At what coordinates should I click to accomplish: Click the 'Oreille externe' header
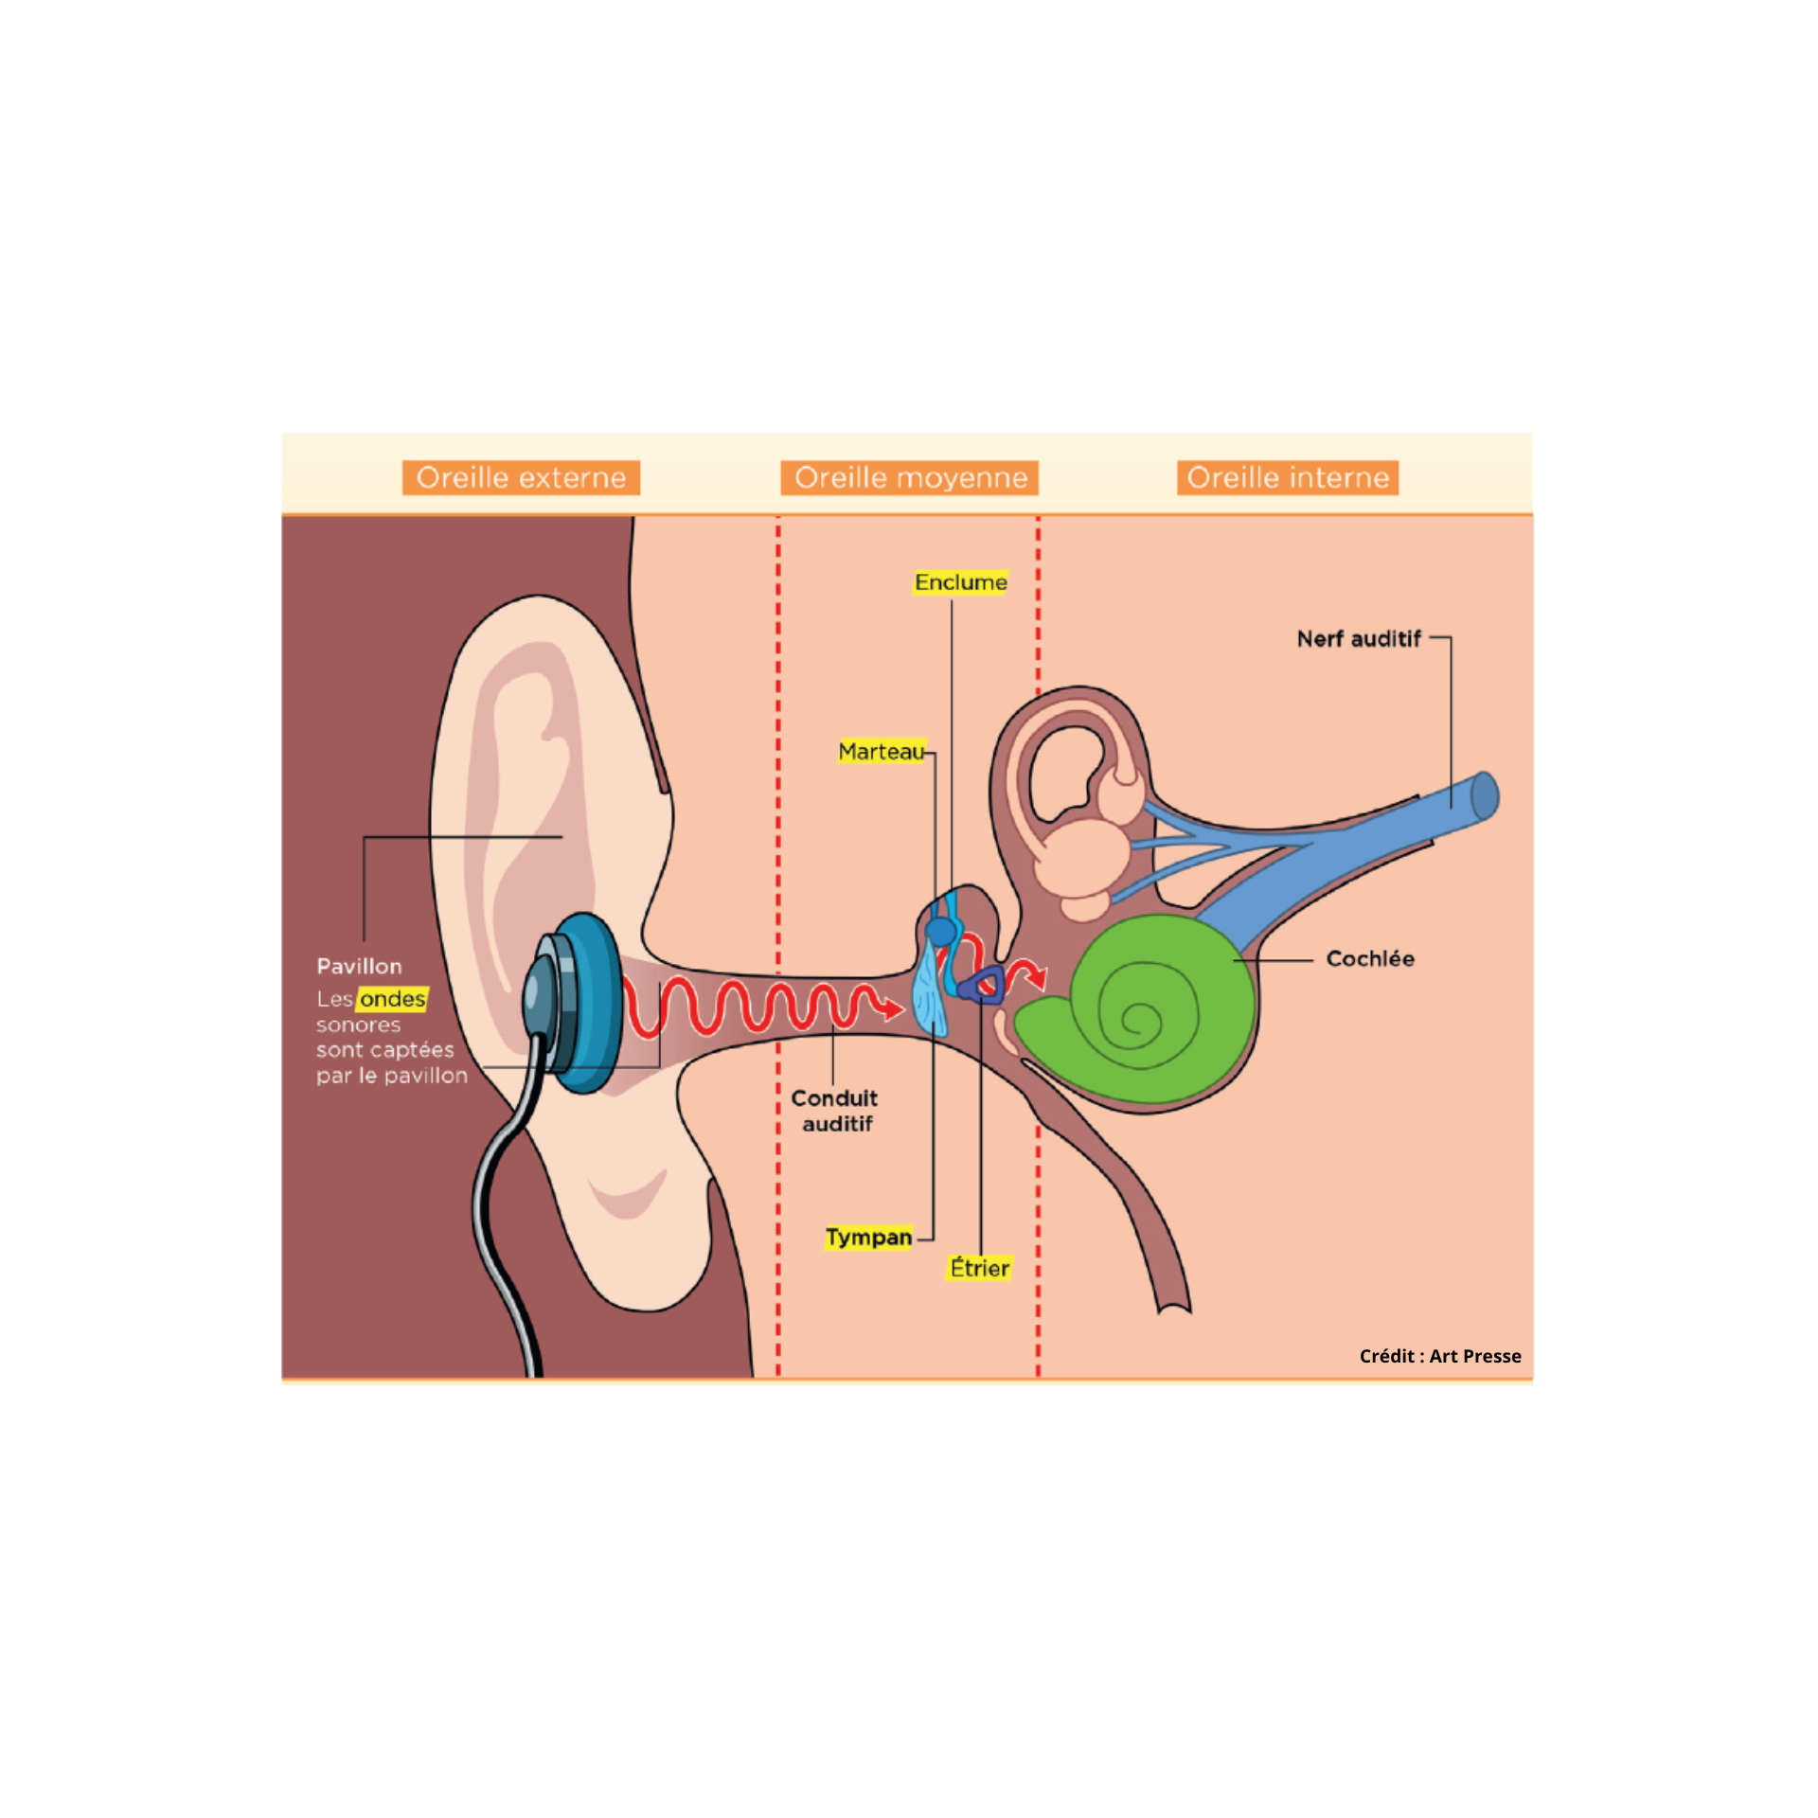pyautogui.click(x=521, y=477)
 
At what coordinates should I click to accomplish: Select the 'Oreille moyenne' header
pyautogui.click(x=910, y=477)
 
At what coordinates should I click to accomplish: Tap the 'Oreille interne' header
pyautogui.click(x=1288, y=477)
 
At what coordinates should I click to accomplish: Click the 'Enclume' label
pyautogui.click(x=960, y=582)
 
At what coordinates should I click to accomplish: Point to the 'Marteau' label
pyautogui.click(x=881, y=752)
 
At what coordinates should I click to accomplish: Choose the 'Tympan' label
pyautogui.click(x=868, y=1238)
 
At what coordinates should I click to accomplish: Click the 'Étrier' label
pyautogui.click(x=980, y=1268)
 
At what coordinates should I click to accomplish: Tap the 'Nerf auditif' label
pyautogui.click(x=1359, y=639)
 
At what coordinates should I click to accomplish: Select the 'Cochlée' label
pyautogui.click(x=1370, y=959)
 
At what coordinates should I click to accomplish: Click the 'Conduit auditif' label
pyautogui.click(x=834, y=1111)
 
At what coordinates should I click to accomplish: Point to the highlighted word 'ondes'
pyautogui.click(x=393, y=999)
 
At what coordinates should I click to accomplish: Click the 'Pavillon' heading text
pyautogui.click(x=359, y=967)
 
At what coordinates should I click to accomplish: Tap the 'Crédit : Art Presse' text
pyautogui.click(x=1440, y=1356)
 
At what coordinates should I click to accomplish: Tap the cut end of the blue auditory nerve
pyautogui.click(x=1485, y=796)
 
